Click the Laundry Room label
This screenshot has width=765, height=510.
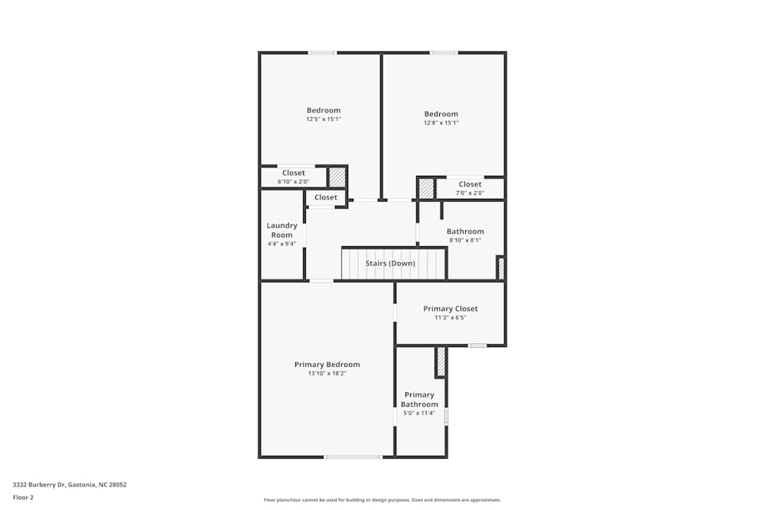click(282, 230)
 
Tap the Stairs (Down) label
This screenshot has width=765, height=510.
click(390, 264)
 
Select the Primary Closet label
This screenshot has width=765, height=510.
click(450, 309)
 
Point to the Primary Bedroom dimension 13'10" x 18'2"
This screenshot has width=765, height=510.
click(327, 374)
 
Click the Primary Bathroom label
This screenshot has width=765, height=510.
click(419, 400)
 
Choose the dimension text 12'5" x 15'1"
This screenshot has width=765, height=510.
click(324, 119)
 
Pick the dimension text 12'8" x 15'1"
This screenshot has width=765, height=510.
click(441, 123)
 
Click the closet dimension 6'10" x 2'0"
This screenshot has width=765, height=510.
click(293, 182)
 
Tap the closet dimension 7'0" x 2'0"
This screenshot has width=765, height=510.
click(470, 193)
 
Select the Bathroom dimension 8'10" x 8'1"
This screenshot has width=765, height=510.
click(465, 240)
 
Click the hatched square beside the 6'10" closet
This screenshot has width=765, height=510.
click(337, 177)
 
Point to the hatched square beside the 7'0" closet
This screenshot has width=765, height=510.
click(426, 189)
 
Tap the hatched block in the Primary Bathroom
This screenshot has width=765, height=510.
click(441, 361)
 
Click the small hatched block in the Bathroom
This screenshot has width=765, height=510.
click(501, 268)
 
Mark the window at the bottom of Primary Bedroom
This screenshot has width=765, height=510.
click(353, 457)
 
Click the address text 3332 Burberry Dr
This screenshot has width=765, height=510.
click(70, 485)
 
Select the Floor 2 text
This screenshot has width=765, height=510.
click(23, 497)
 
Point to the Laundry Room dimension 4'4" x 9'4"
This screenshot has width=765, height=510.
click(282, 244)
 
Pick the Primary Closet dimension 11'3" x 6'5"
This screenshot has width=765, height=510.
click(450, 317)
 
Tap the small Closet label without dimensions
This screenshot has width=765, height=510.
click(325, 197)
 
